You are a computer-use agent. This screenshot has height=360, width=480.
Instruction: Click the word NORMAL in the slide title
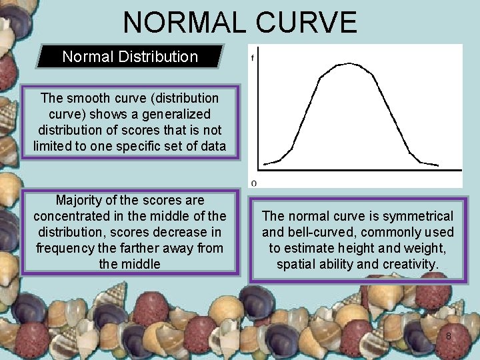(184, 22)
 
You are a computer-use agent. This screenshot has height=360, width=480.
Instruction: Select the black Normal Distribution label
(130, 57)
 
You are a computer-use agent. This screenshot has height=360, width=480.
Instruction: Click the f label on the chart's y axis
(252, 58)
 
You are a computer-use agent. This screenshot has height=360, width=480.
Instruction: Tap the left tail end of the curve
(265, 163)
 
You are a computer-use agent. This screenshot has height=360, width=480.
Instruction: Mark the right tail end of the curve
(438, 165)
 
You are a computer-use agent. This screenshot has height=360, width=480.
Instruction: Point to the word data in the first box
(212, 145)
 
